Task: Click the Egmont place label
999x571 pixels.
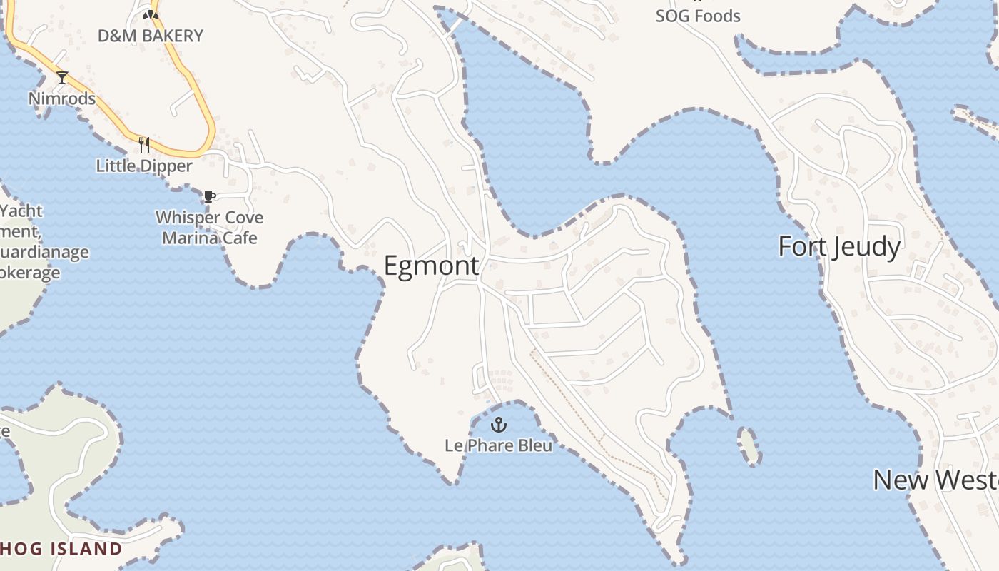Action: (431, 266)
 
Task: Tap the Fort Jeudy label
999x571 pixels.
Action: (838, 247)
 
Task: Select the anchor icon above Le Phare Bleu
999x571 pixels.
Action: (499, 425)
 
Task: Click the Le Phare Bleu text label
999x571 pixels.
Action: (498, 445)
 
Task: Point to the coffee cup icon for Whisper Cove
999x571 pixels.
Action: (209, 196)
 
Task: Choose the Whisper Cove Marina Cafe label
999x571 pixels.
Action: (209, 228)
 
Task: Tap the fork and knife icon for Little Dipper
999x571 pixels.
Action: (144, 145)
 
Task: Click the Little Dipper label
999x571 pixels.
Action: (144, 166)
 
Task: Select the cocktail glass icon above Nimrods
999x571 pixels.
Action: (62, 78)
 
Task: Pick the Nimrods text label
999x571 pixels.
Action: (62, 98)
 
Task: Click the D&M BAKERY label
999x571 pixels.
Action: (151, 36)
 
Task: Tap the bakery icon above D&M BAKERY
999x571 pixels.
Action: (151, 14)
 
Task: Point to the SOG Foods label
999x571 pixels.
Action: (698, 16)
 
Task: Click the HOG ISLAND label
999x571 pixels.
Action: (61, 549)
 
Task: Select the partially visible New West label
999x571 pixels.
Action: (935, 480)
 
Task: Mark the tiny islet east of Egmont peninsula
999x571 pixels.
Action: (749, 446)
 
